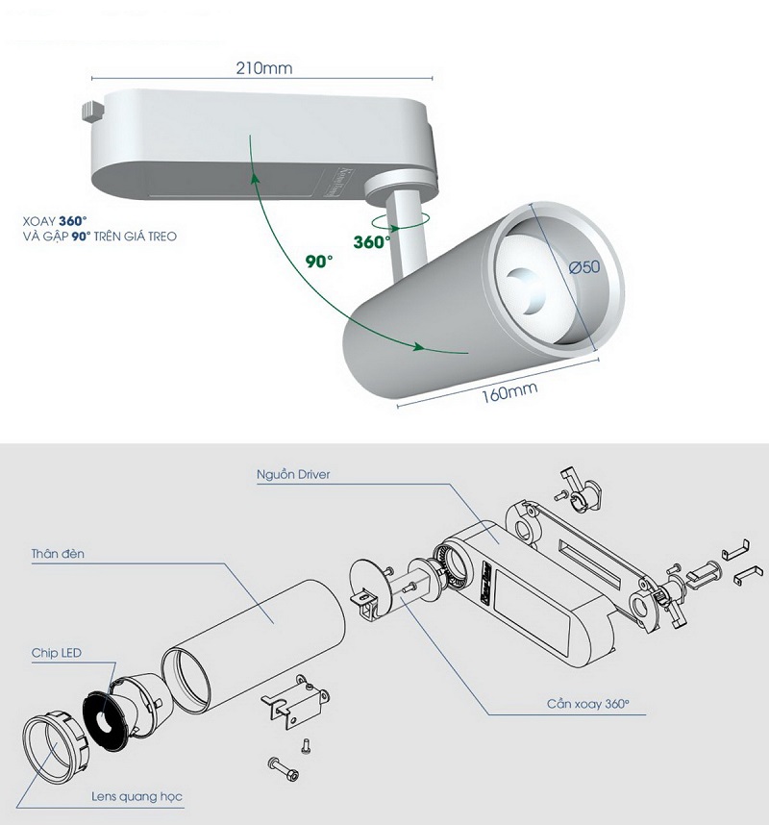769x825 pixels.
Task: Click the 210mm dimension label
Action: (x=263, y=68)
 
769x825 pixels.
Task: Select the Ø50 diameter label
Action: (x=583, y=267)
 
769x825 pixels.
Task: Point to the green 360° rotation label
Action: (x=370, y=242)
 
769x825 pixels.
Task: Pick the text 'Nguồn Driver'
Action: (x=294, y=475)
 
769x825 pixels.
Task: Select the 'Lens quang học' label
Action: (x=136, y=796)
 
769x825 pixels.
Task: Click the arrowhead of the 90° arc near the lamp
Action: (x=420, y=347)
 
